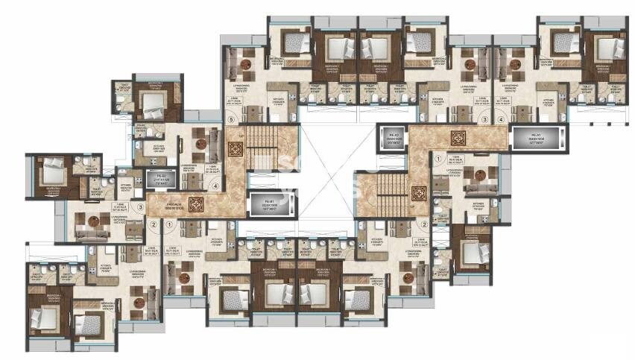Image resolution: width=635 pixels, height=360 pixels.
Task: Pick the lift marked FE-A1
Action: pyautogui.click(x=532, y=139)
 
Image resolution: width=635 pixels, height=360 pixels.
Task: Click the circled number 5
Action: pyautogui.click(x=231, y=119)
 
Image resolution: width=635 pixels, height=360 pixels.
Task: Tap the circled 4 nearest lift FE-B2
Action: pyautogui.click(x=216, y=186)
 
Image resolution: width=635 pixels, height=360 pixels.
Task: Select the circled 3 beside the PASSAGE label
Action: pyautogui.click(x=141, y=208)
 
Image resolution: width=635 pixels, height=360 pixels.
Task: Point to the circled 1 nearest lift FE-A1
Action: pyautogui.click(x=437, y=159)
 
